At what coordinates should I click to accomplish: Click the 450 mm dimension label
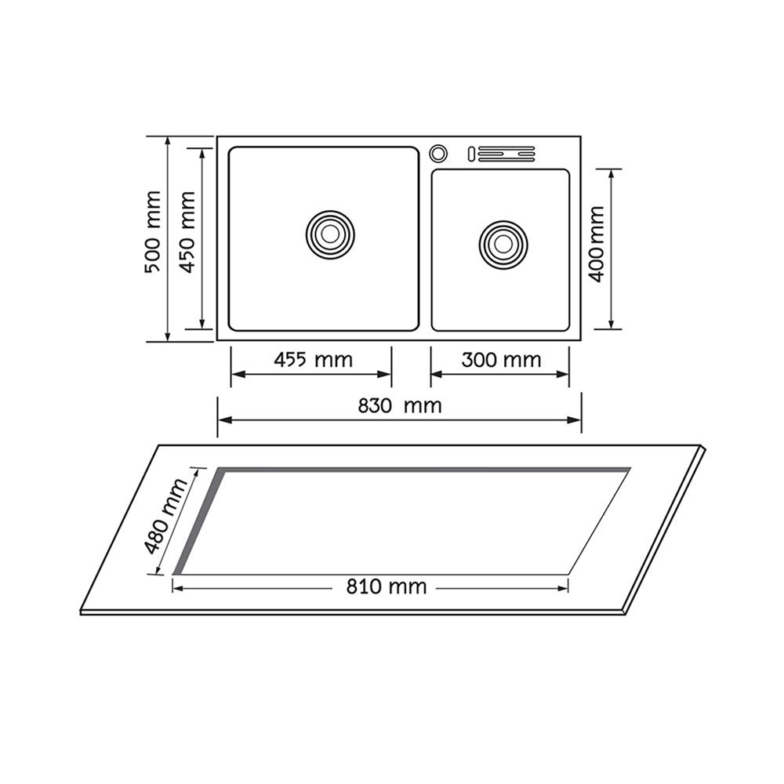tap(187, 232)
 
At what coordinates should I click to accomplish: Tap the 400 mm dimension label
tap(597, 244)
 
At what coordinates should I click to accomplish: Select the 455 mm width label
tap(313, 360)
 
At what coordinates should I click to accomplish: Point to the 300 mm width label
tap(501, 360)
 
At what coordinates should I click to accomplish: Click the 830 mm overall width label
tap(400, 405)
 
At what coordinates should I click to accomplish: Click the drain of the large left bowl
tap(330, 233)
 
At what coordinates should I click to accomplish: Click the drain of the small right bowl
tap(503, 244)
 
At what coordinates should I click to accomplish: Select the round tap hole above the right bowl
tap(438, 152)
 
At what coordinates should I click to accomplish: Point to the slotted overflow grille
tap(501, 154)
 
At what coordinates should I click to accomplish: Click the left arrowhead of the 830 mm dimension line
tap(223, 421)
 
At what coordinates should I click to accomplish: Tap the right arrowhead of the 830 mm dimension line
tap(576, 421)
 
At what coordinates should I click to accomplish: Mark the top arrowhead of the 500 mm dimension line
tap(168, 142)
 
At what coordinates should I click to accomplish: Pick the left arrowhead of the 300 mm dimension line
tap(436, 374)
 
